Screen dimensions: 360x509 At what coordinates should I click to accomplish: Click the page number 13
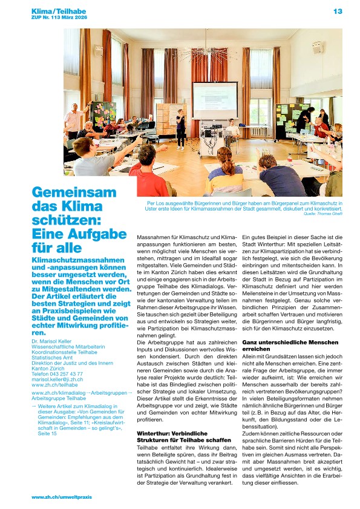pyautogui.click(x=338, y=11)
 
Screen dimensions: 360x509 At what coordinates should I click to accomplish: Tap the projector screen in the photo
pyautogui.click(x=214, y=100)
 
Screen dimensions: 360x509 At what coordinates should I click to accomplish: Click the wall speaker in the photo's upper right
pyautogui.click(x=316, y=47)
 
